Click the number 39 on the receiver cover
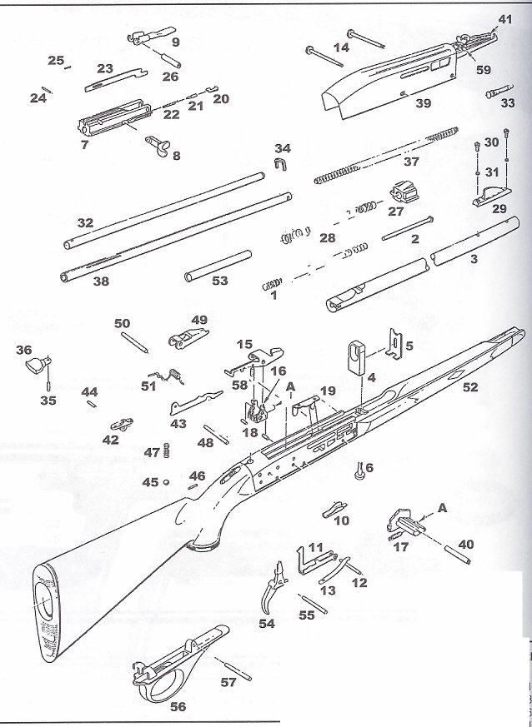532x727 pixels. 424,102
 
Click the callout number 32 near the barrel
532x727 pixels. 84,223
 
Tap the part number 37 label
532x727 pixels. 412,162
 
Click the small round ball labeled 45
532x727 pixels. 167,481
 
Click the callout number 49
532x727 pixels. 199,320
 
